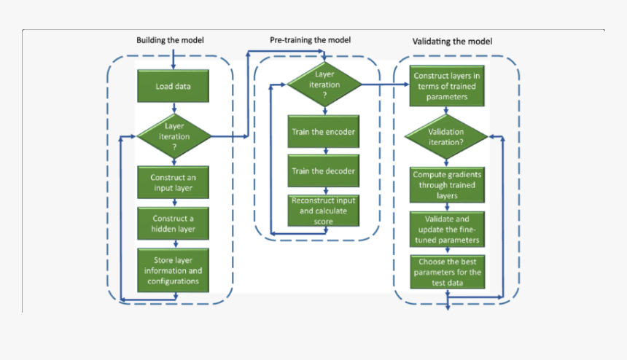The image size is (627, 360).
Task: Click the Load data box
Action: (x=174, y=87)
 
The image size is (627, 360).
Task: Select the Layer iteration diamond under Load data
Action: (x=174, y=136)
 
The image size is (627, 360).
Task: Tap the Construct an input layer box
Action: (x=174, y=182)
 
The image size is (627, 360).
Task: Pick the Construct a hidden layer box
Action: (x=174, y=223)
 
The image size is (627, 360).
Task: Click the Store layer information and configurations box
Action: (x=174, y=270)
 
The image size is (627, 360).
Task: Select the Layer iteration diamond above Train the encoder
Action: (x=324, y=85)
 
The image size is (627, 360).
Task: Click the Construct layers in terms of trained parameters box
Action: (x=446, y=87)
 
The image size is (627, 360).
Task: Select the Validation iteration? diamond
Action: (x=446, y=136)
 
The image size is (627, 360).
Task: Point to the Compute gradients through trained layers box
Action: (x=446, y=185)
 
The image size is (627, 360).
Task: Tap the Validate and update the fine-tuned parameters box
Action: (x=446, y=229)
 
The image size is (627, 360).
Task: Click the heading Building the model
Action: (x=170, y=40)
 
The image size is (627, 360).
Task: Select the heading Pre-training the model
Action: (x=310, y=40)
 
